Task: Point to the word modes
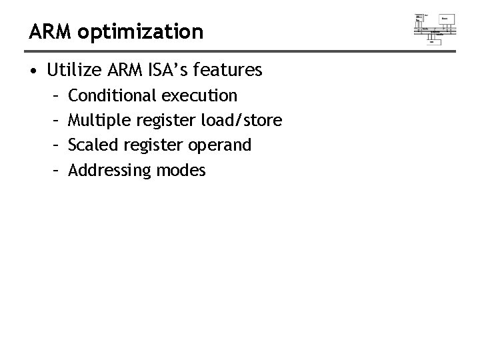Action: pos(181,171)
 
